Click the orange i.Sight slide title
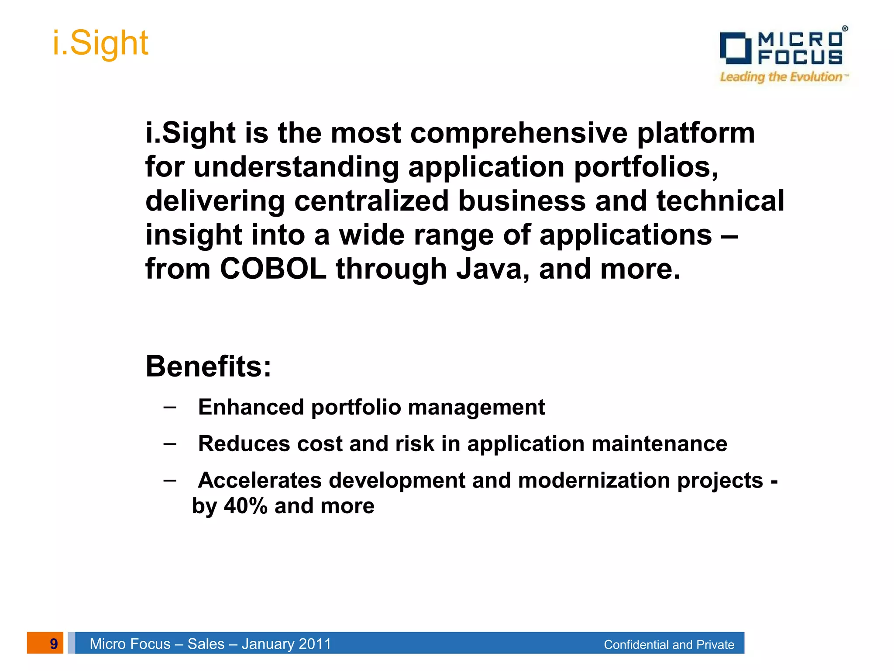pos(100,44)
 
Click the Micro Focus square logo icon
pos(736,48)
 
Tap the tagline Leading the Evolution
pos(781,77)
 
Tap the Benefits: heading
pos(208,366)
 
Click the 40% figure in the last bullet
pos(245,506)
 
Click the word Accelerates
pos(260,481)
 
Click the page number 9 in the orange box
pos(53,643)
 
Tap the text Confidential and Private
pos(669,644)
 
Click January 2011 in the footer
pos(286,644)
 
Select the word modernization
pos(594,481)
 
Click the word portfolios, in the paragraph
pos(646,167)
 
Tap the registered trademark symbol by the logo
pos(845,28)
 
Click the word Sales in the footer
pos(206,644)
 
